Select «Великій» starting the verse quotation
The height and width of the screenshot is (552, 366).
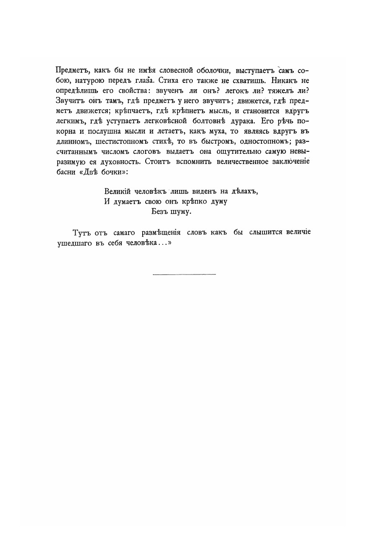(119, 191)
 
